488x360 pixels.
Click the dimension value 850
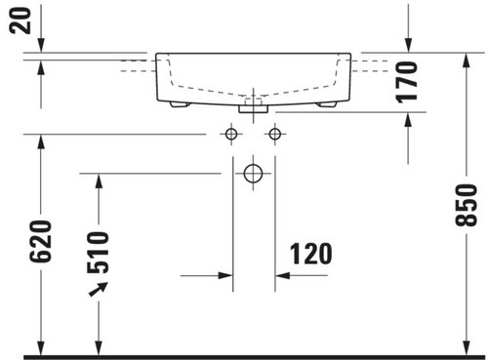tap(466, 205)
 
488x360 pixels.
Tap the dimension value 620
tap(41, 241)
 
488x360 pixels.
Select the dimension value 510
tap(99, 252)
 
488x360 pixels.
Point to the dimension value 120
tap(311, 254)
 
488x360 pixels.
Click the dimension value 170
tap(407, 82)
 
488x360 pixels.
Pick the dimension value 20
tap(20, 20)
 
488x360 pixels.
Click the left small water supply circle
tap(231, 134)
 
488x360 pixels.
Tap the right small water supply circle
tap(275, 134)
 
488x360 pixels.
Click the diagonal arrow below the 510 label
tap(99, 289)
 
